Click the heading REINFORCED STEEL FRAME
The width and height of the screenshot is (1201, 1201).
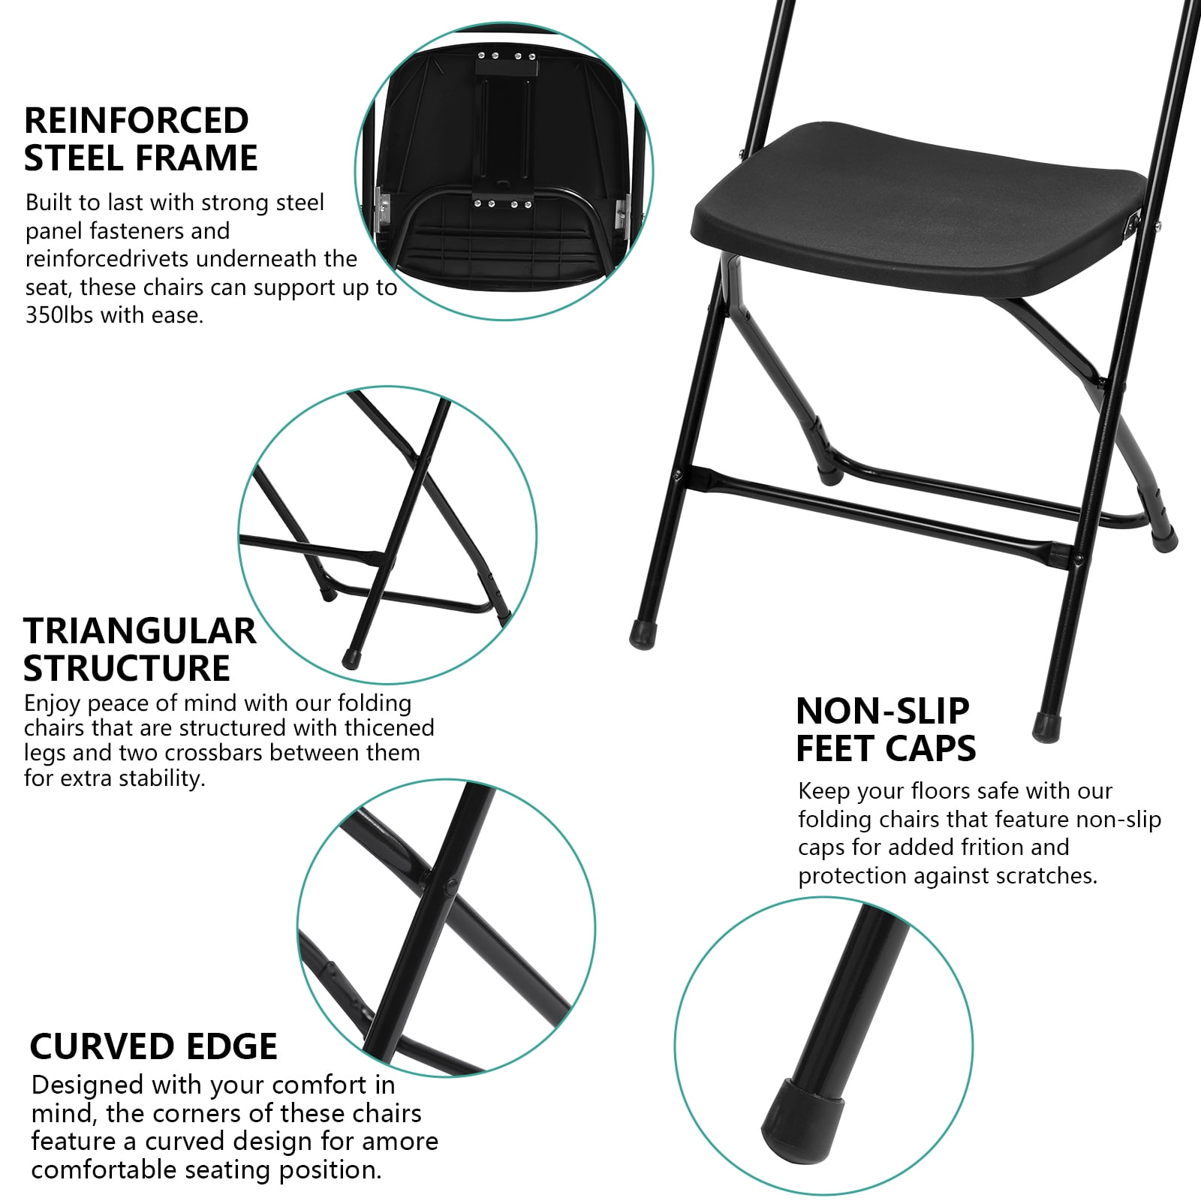pyautogui.click(x=141, y=140)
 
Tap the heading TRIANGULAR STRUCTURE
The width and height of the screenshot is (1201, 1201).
pyautogui.click(x=140, y=649)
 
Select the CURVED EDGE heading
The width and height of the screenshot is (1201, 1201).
pyautogui.click(x=154, y=1046)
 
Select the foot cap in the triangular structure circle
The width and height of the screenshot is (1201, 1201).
pyautogui.click(x=350, y=658)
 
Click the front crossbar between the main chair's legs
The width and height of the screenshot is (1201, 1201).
pyautogui.click(x=883, y=514)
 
